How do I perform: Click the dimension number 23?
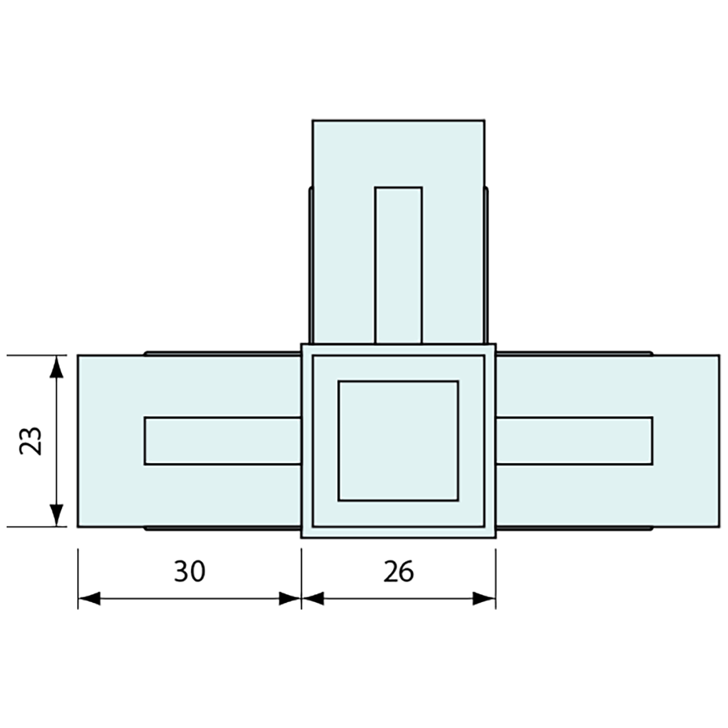click(30, 441)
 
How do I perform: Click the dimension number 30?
click(189, 572)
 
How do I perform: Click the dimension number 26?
click(398, 572)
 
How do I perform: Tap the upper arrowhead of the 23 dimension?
click(56, 367)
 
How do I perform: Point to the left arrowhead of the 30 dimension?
click(89, 598)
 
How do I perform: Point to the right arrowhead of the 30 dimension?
click(290, 598)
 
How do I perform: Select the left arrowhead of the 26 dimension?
click(313, 598)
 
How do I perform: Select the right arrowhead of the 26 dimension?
click(484, 598)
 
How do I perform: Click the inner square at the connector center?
click(398, 441)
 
